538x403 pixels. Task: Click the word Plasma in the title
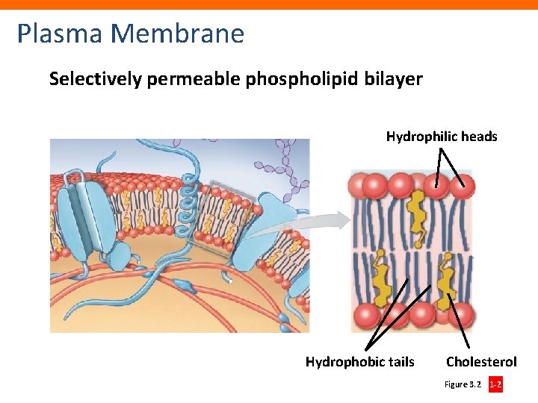click(60, 34)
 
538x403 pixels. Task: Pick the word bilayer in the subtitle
click(394, 78)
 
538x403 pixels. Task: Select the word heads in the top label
click(480, 137)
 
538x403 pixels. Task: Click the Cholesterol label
click(481, 362)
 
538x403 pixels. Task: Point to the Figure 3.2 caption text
click(463, 385)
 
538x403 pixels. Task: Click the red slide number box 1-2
click(495, 385)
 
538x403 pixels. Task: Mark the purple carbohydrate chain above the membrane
click(288, 168)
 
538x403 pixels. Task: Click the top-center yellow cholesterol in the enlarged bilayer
click(416, 209)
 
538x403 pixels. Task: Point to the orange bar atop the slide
click(269, 4)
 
